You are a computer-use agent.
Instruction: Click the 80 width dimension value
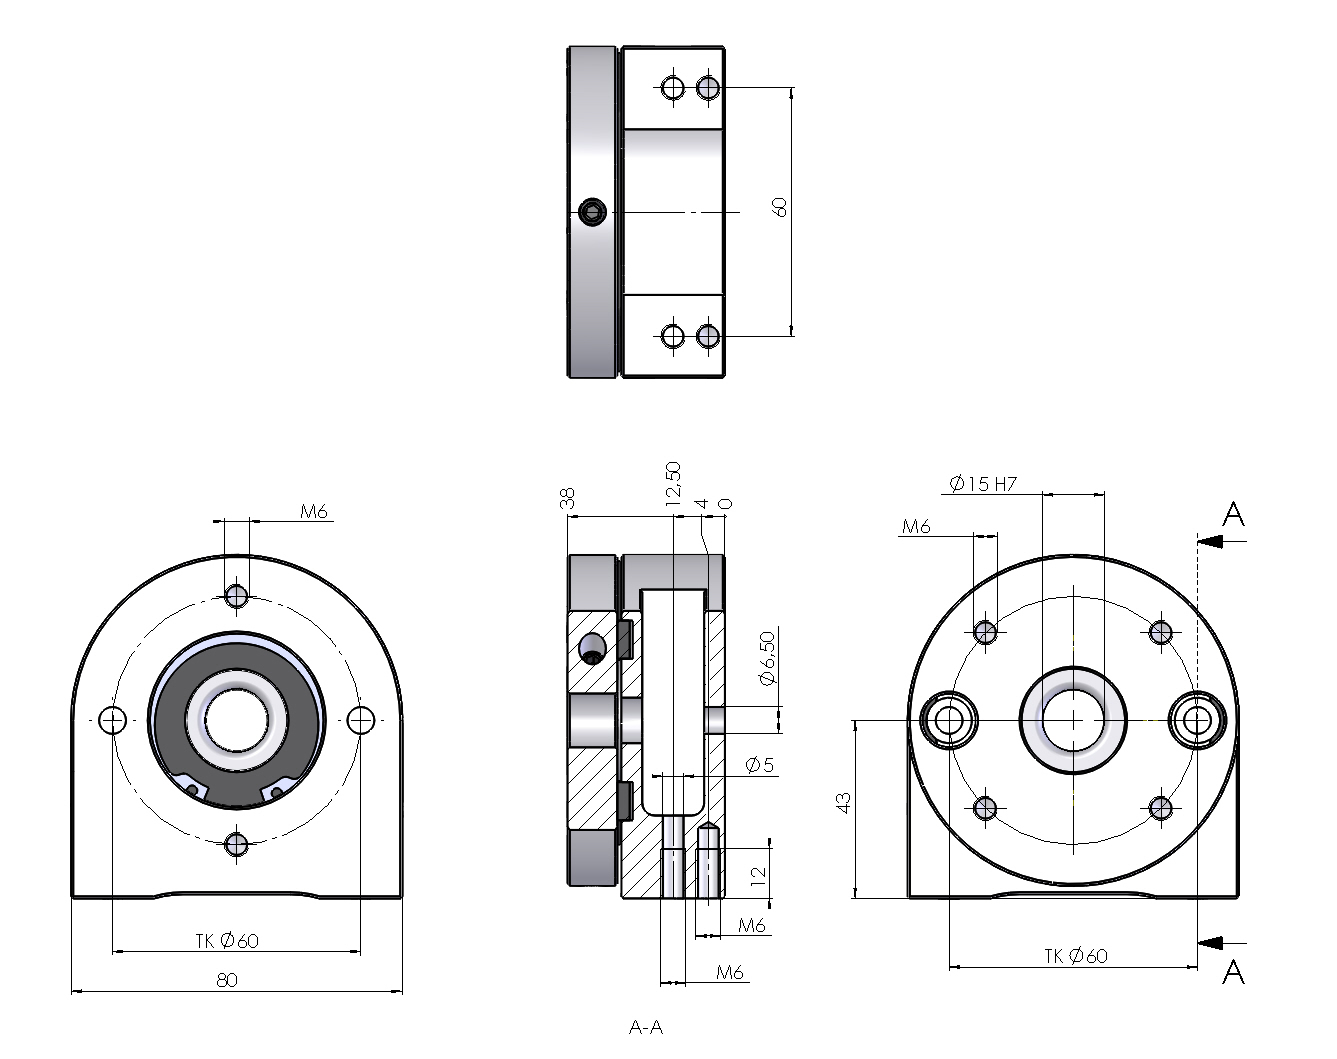[227, 980]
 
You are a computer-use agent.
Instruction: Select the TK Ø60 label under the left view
[227, 941]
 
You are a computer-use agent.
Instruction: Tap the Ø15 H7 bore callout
[982, 484]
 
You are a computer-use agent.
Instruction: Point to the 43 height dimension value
[843, 802]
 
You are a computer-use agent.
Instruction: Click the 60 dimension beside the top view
[780, 206]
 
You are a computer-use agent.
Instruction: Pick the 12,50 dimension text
[672, 482]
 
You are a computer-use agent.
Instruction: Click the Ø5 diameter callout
[760, 765]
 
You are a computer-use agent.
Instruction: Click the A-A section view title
[646, 1027]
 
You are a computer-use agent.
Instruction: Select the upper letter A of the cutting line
[1234, 515]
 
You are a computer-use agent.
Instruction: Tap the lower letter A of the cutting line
[1234, 971]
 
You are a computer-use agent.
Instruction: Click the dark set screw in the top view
[592, 211]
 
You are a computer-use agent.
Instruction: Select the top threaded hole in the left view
[237, 595]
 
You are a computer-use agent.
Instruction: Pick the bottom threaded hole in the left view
[237, 845]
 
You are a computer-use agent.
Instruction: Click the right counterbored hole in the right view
[1197, 719]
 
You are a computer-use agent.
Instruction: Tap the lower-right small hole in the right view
[1160, 807]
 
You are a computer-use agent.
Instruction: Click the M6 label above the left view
[314, 512]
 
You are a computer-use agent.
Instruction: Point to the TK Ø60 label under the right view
[1076, 957]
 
